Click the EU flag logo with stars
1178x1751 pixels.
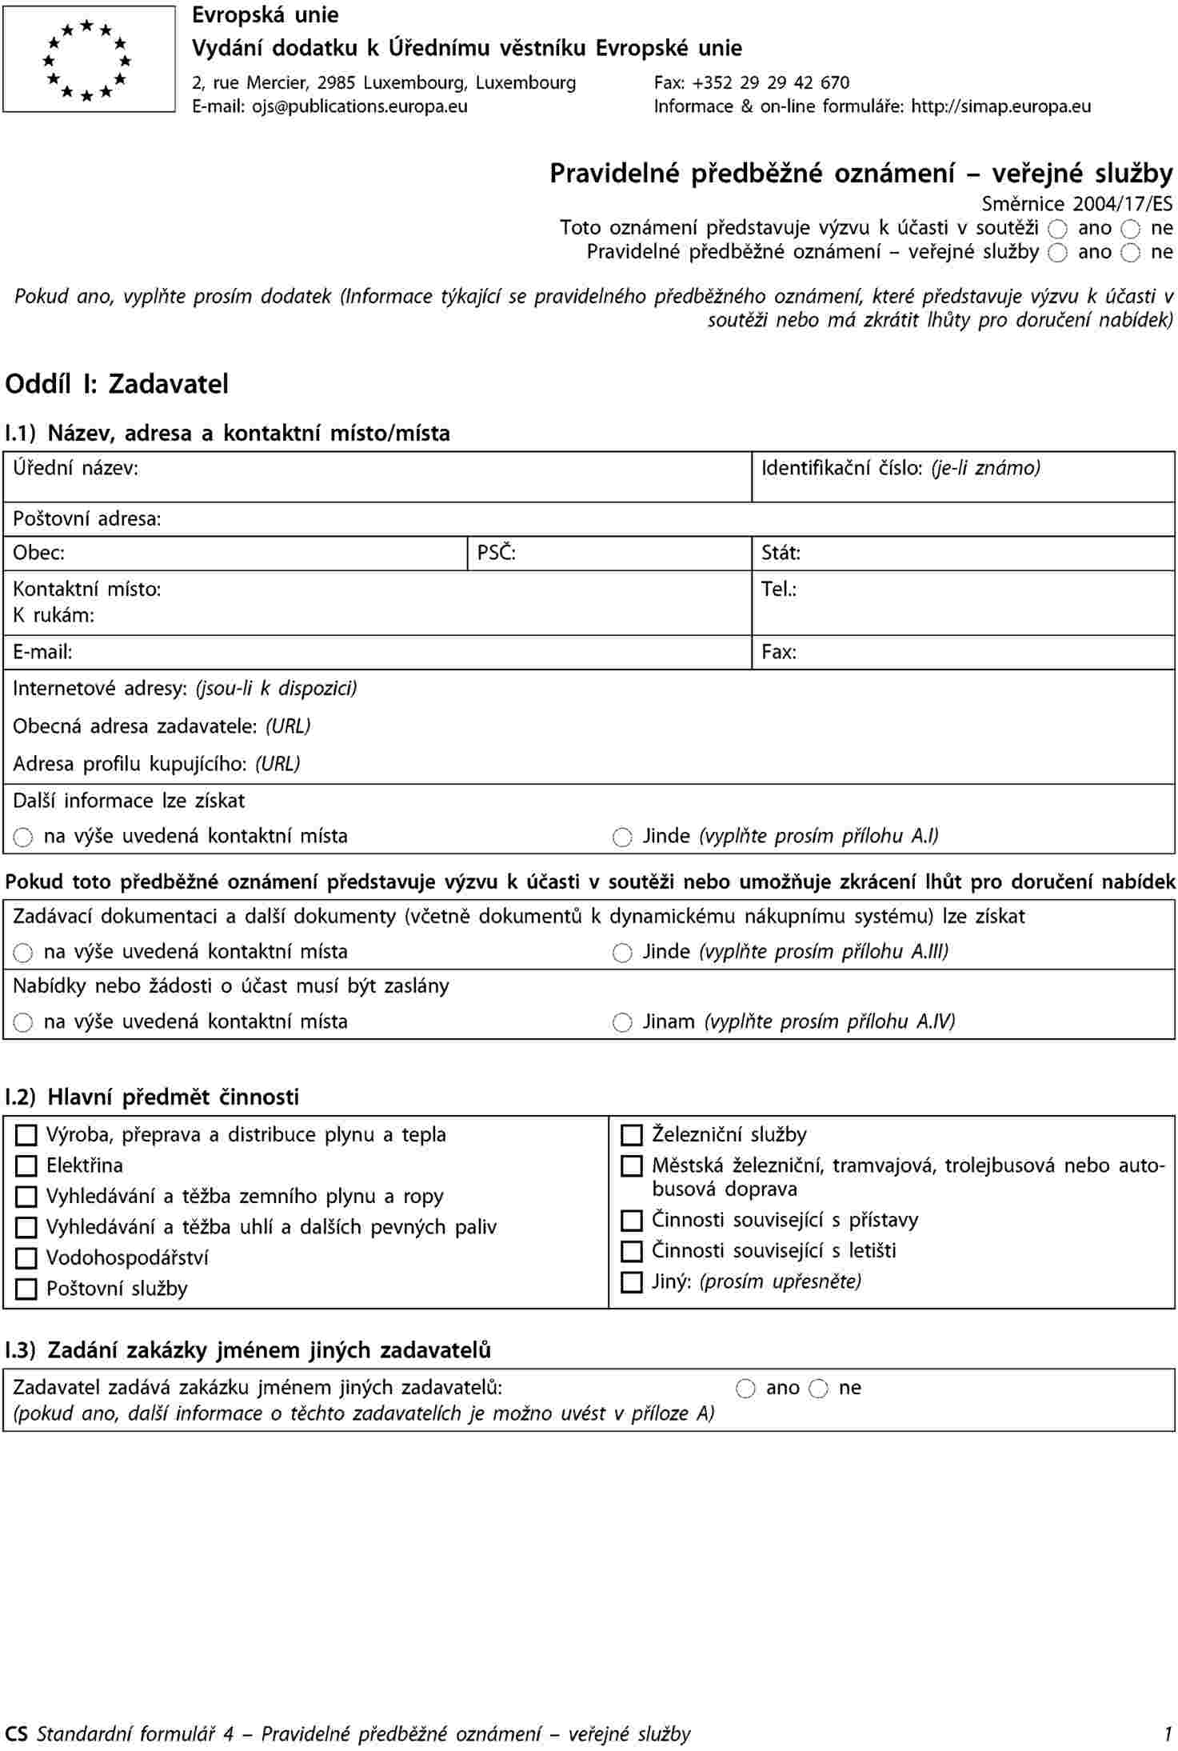click(88, 59)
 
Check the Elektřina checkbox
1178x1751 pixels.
click(26, 1165)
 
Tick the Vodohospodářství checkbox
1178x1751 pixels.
click(26, 1258)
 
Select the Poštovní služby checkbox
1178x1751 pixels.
click(26, 1289)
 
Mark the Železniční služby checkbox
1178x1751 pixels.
click(632, 1135)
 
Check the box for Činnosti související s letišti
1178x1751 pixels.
click(632, 1251)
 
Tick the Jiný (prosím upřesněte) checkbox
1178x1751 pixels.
click(632, 1282)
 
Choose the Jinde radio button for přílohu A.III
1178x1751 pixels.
click(622, 953)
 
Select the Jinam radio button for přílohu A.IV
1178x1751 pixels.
click(622, 1022)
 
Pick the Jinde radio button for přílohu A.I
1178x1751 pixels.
click(622, 838)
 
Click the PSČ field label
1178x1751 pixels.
click(496, 553)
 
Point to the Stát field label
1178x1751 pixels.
click(781, 553)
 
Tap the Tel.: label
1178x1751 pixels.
click(778, 590)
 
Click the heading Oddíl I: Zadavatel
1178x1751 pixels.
click(117, 384)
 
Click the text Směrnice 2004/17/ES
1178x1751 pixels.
click(1076, 203)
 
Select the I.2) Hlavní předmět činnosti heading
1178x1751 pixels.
click(152, 1097)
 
